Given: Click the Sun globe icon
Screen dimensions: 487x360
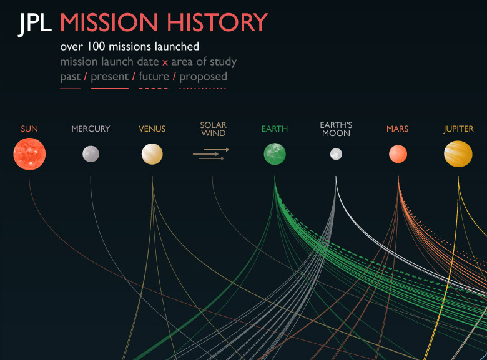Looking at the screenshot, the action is point(29,154).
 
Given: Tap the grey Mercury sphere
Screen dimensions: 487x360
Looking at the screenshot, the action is point(91,154).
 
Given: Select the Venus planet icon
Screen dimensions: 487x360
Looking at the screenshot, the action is point(152,154).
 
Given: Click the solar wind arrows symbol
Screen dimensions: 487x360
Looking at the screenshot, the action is point(211,154).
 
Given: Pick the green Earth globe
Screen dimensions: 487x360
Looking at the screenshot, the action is point(275,154).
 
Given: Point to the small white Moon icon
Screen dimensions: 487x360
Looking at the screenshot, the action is point(336,154).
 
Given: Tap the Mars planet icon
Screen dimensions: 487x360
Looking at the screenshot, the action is point(398,154).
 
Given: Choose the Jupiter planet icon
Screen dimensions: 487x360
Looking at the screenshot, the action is point(458,154).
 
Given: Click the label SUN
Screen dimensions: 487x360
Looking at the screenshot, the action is point(29,129).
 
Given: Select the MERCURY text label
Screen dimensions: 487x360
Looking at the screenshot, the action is point(91,129).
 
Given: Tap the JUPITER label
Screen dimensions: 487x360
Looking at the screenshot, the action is point(458,129).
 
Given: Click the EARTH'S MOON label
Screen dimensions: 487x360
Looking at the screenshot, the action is point(336,129).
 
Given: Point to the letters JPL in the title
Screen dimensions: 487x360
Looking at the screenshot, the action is point(35,24).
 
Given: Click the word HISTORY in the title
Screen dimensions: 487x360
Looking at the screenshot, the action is point(217,22).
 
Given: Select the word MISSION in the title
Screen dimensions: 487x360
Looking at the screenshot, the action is point(109,22).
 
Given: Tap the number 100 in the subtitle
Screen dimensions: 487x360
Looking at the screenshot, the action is point(96,47).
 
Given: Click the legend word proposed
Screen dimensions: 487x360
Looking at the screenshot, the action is point(203,77).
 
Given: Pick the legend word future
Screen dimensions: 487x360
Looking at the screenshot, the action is point(154,76).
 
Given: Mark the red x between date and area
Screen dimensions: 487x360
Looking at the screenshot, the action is point(165,62).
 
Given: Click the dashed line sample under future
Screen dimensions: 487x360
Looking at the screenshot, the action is point(154,88).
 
